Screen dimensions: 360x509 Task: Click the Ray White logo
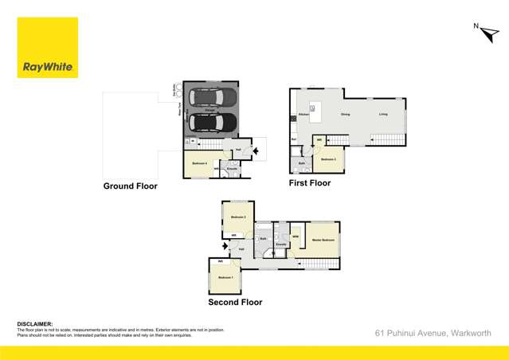point(48,48)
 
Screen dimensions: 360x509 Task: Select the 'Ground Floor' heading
point(130,186)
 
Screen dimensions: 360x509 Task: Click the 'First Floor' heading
point(310,183)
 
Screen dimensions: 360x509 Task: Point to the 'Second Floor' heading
point(235,302)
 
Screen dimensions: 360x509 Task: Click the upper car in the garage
point(211,99)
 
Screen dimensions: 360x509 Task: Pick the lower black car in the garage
point(211,123)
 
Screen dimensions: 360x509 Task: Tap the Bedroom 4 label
point(199,163)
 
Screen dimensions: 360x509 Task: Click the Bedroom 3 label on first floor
point(328,159)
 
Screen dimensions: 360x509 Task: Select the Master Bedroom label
point(323,239)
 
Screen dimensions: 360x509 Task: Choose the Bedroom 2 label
point(237,217)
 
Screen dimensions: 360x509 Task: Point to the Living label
point(383,115)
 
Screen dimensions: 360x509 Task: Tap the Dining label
point(345,115)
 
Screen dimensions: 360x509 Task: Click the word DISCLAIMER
point(35,324)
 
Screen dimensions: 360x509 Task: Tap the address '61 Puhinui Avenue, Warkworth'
point(437,332)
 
